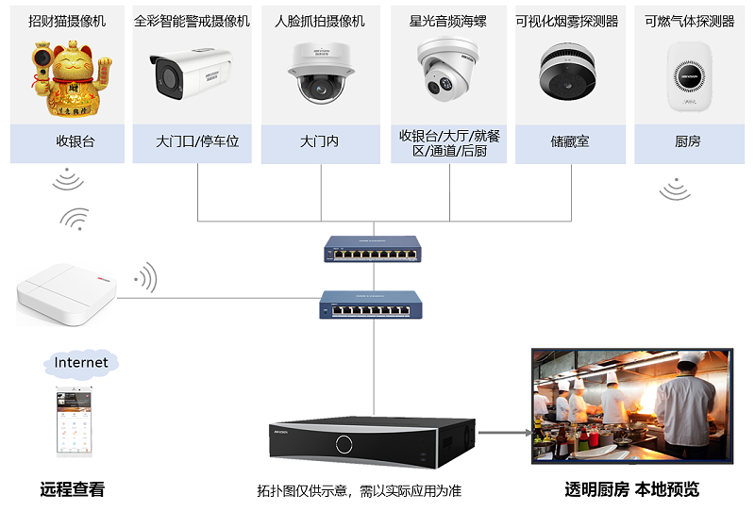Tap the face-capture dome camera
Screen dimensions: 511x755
pyautogui.click(x=319, y=74)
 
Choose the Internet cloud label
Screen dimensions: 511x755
pyautogui.click(x=81, y=363)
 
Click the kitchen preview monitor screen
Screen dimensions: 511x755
pyautogui.click(x=631, y=405)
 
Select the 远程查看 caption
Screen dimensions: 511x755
pyautogui.click(x=73, y=489)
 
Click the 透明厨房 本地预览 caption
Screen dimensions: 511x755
pyautogui.click(x=631, y=489)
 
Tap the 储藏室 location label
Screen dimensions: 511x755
pyautogui.click(x=569, y=142)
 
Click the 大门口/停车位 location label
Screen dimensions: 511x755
pyautogui.click(x=197, y=142)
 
